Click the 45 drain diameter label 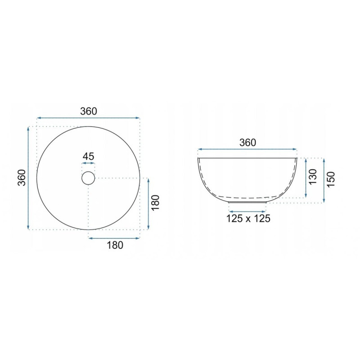(x=88, y=156)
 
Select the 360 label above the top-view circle (x=89, y=111)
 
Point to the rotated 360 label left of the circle (x=22, y=178)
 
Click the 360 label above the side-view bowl (x=248, y=143)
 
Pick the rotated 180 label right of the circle (x=155, y=202)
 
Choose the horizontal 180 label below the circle (x=115, y=245)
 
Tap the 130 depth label (x=312, y=176)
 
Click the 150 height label (x=331, y=179)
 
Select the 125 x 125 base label (x=248, y=218)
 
